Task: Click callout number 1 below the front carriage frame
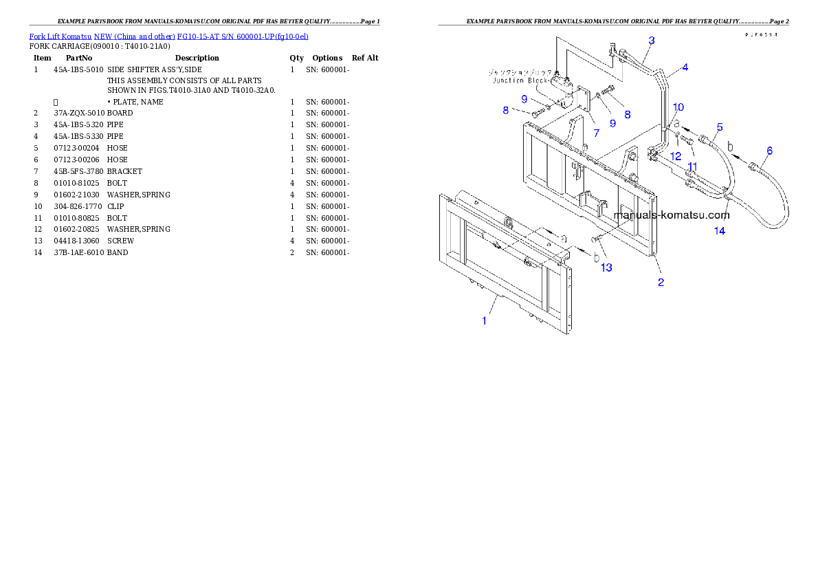(484, 321)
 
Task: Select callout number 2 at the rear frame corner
(661, 282)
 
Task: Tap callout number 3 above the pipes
(651, 41)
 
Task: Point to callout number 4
(685, 68)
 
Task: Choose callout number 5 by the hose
(720, 127)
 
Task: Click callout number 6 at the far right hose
(769, 151)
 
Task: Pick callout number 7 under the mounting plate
(586, 131)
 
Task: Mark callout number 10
(678, 107)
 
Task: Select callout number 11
(692, 166)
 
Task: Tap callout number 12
(676, 157)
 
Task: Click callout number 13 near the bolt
(606, 267)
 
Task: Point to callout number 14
(719, 231)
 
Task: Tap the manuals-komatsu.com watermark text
(671, 215)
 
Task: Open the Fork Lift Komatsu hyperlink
(168, 36)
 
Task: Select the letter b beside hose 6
(730, 146)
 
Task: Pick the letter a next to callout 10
(676, 124)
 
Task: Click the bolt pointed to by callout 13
(595, 238)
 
